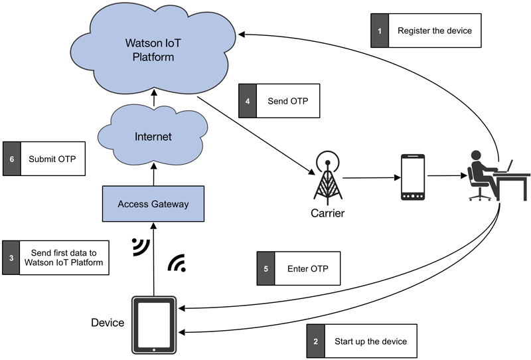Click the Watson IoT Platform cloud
[x=150, y=50]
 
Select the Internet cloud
[x=153, y=137]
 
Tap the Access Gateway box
[x=153, y=203]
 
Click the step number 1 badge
[x=379, y=31]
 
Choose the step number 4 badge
[x=248, y=100]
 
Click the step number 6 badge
[x=11, y=159]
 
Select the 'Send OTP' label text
[x=287, y=100]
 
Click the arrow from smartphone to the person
[x=445, y=177]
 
